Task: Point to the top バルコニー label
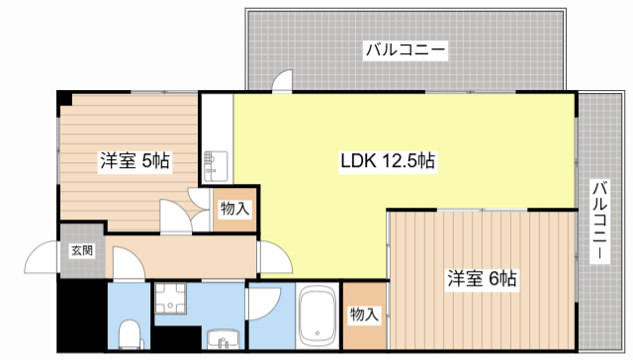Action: pyautogui.click(x=404, y=48)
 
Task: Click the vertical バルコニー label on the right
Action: pyautogui.click(x=599, y=221)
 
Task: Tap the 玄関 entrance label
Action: pyautogui.click(x=81, y=250)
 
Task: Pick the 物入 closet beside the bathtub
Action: pyautogui.click(x=364, y=315)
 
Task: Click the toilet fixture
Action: pyautogui.click(x=128, y=335)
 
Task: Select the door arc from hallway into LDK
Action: pyautogui.click(x=275, y=259)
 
